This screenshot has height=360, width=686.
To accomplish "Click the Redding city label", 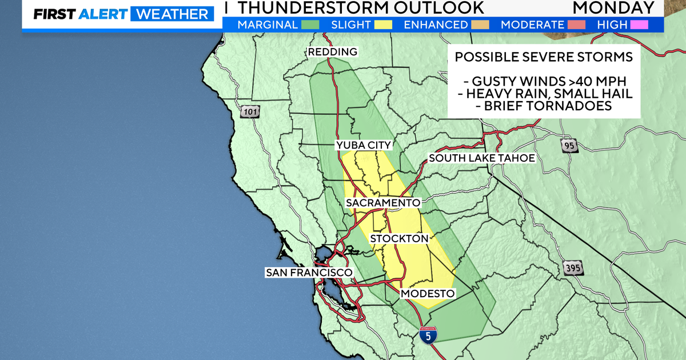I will coord(332,52).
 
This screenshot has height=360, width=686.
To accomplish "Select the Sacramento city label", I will coord(383,203).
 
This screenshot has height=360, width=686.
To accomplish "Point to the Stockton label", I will coord(399,238).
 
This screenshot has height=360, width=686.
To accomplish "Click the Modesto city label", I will coord(428,293).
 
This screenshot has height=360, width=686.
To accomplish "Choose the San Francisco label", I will coord(308,273).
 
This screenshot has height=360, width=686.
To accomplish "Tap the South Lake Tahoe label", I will coord(482,158).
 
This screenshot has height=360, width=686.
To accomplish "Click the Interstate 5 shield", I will coord(428,335).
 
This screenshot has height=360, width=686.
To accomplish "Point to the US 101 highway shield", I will coord(249,111).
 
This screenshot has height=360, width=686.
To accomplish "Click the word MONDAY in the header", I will coord(613,7).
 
